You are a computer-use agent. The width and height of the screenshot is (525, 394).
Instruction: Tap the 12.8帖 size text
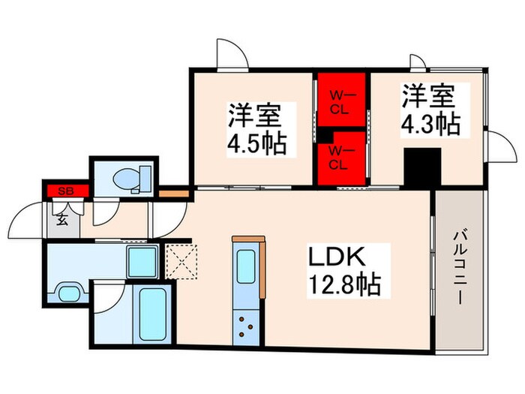click(x=343, y=285)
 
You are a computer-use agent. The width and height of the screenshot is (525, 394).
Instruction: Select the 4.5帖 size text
click(x=255, y=143)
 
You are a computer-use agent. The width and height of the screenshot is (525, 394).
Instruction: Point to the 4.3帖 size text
click(x=430, y=122)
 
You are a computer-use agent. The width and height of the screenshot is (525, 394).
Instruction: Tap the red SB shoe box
click(x=65, y=190)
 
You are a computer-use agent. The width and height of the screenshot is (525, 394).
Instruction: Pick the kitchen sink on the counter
click(x=247, y=266)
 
